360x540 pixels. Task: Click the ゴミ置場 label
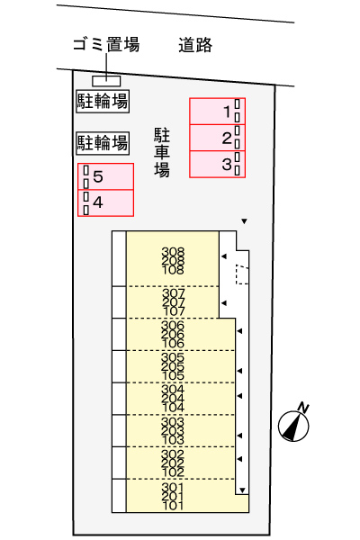tap(106, 45)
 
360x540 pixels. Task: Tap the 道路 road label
tap(195, 45)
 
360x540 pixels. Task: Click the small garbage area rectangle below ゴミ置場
tap(106, 81)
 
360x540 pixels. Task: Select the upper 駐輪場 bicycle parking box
tap(102, 101)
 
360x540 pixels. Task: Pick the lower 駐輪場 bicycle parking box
tap(102, 141)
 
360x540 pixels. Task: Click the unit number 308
tap(173, 252)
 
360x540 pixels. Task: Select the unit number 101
tap(173, 506)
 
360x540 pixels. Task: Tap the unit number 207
tap(173, 302)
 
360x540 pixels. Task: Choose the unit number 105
tap(173, 375)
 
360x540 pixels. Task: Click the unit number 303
tap(173, 422)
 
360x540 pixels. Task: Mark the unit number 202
tap(173, 463)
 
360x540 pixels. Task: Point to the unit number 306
tap(173, 326)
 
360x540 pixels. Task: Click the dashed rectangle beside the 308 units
tap(241, 274)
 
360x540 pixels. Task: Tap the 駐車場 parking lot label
tap(162, 152)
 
